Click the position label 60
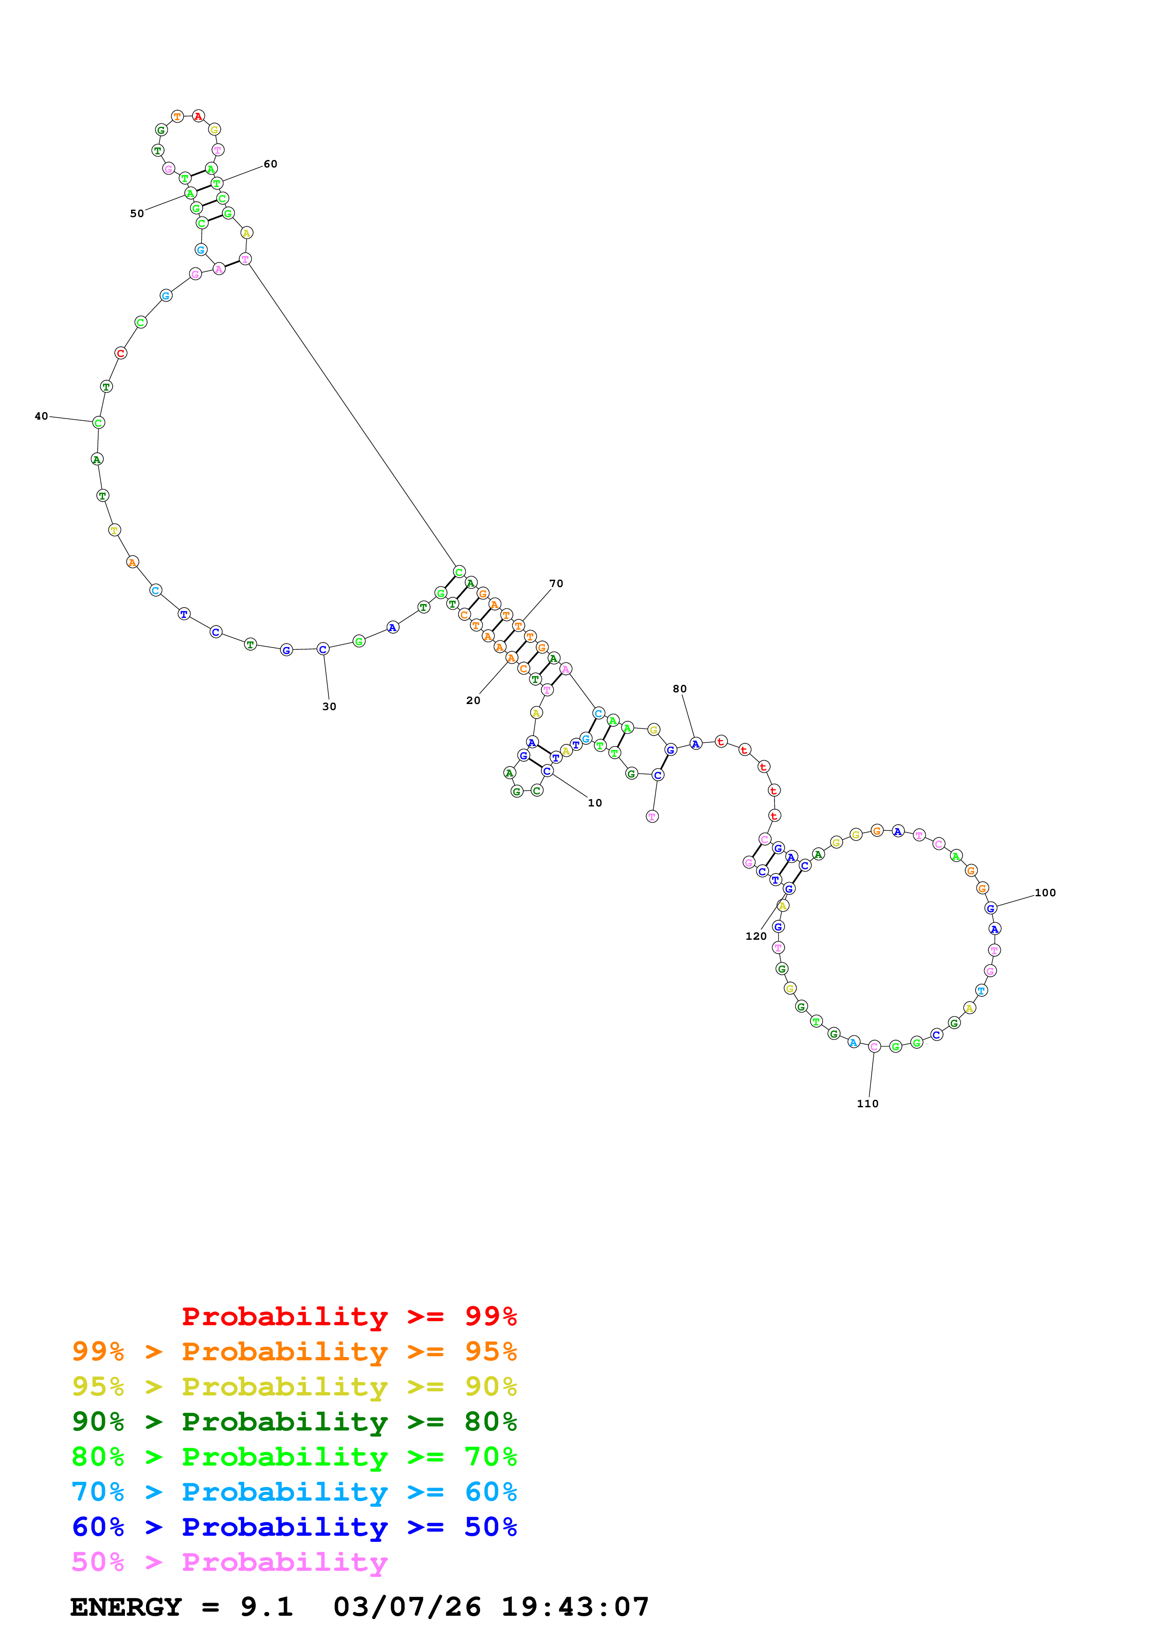point(270,164)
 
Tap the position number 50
point(137,213)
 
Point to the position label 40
point(42,416)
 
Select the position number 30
point(329,706)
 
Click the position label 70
point(556,583)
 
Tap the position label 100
point(1045,893)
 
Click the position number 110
point(868,1104)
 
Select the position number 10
point(595,803)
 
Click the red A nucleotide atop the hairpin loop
point(198,116)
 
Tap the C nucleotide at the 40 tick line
point(99,422)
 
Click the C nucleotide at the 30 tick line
point(323,649)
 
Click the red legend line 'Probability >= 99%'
point(349,1316)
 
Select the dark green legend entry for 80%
point(294,1422)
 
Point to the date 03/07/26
point(407,1607)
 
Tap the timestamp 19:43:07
point(575,1607)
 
